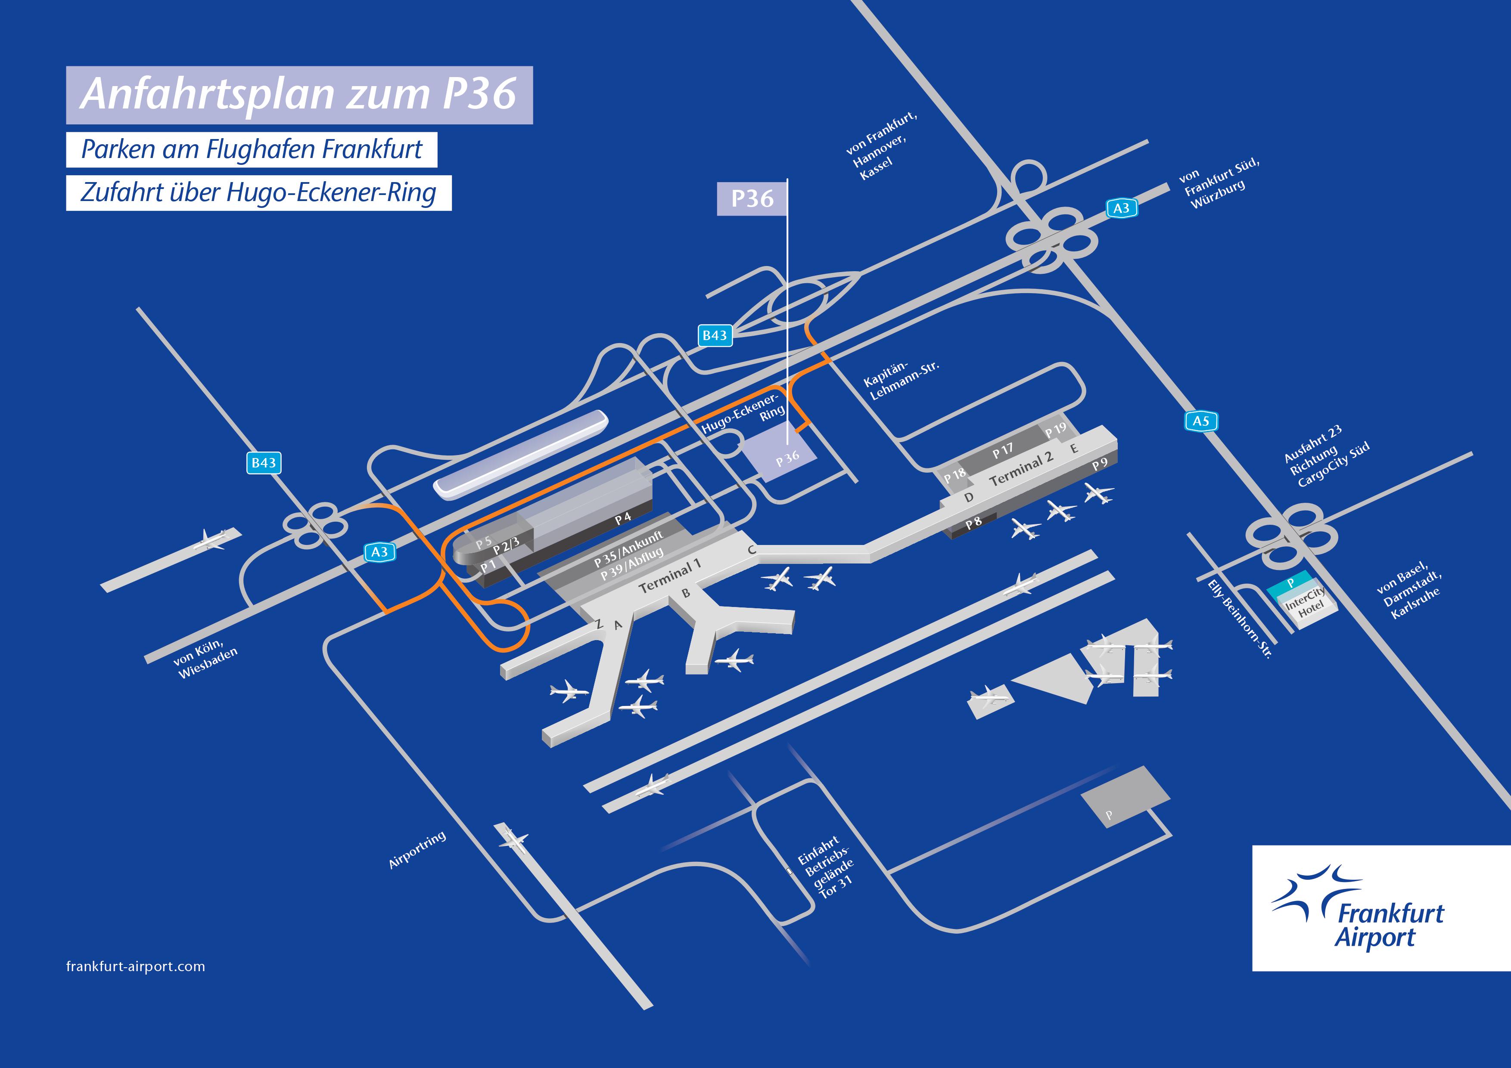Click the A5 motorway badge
[1201, 421]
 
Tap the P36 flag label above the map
[752, 198]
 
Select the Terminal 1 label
[670, 576]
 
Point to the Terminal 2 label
[1021, 469]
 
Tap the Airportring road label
[417, 850]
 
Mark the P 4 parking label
[622, 518]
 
